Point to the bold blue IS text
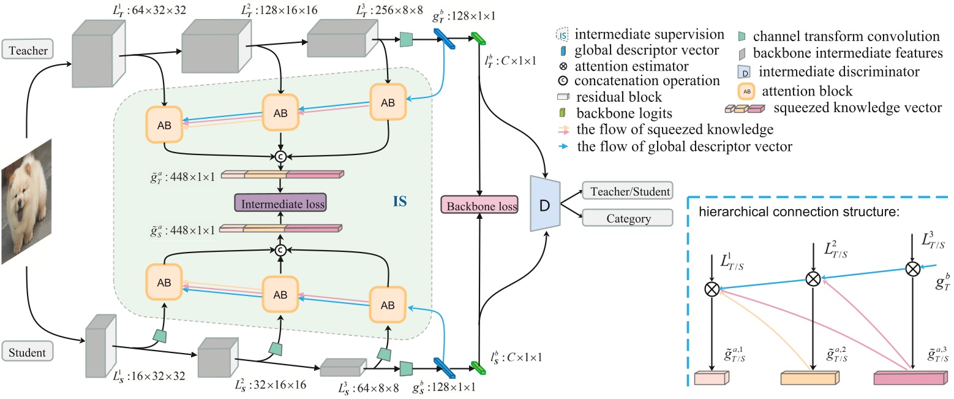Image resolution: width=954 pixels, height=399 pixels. pos(399,200)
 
